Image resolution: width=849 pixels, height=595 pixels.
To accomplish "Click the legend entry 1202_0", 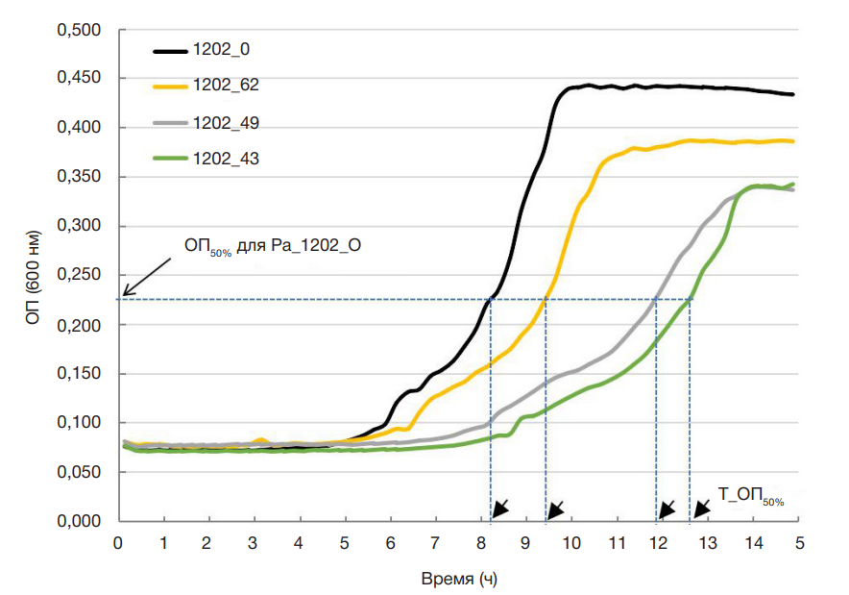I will (x=211, y=47).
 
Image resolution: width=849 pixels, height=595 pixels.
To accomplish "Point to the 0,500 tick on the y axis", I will (x=80, y=30).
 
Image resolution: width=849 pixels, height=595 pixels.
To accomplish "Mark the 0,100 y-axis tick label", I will (x=80, y=423).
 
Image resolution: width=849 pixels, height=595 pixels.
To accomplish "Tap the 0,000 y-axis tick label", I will (x=80, y=522).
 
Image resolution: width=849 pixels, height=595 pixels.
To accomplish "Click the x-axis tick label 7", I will (x=435, y=543).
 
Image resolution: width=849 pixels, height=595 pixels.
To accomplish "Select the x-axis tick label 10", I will (x=571, y=543).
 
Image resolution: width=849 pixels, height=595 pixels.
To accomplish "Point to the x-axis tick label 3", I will (x=254, y=543).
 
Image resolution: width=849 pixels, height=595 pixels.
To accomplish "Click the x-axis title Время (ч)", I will (x=459, y=580).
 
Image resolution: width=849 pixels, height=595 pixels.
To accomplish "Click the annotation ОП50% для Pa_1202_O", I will (x=273, y=246).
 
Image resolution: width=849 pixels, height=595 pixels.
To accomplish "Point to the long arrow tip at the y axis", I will (x=125, y=292).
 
